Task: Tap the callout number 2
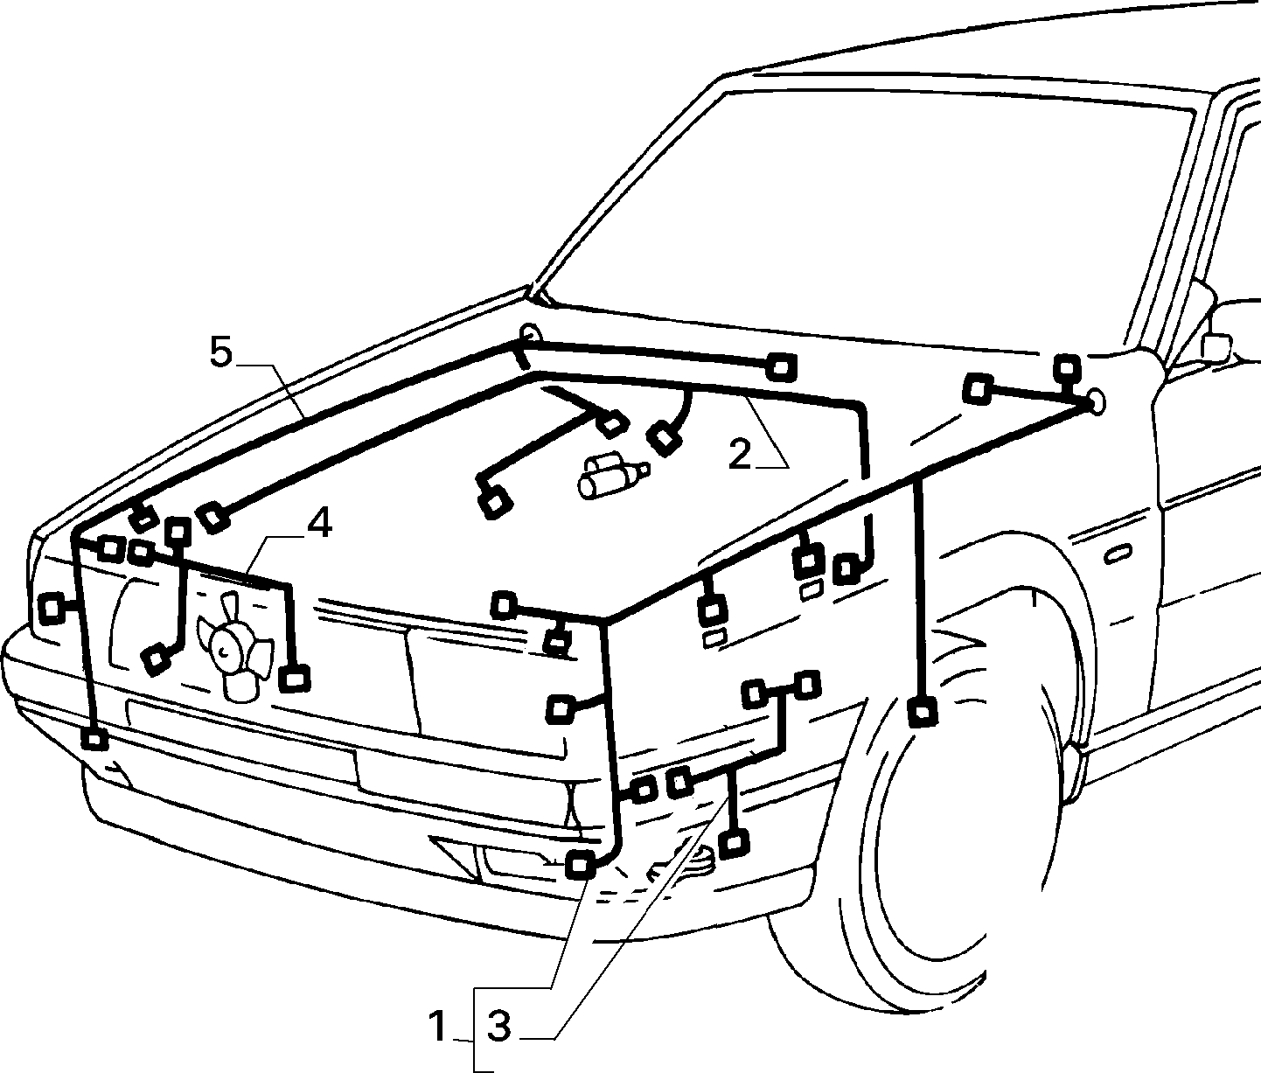click(740, 454)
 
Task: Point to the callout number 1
click(437, 1026)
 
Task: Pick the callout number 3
click(498, 1026)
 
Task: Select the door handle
click(1118, 555)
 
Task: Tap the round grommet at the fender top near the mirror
click(1096, 401)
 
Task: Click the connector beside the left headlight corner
click(52, 608)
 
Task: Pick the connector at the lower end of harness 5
click(94, 740)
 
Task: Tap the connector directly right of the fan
click(294, 679)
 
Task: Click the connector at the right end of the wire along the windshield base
click(782, 367)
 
